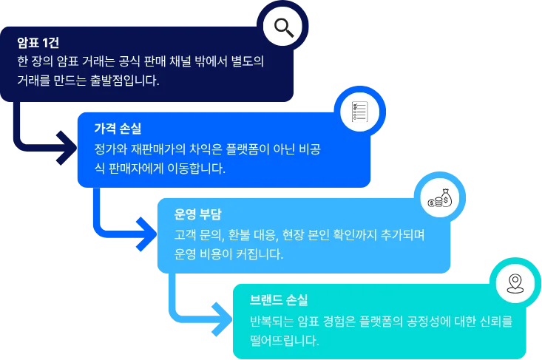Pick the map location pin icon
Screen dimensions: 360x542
tap(515, 282)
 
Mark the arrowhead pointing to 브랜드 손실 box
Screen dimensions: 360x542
tap(220, 311)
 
